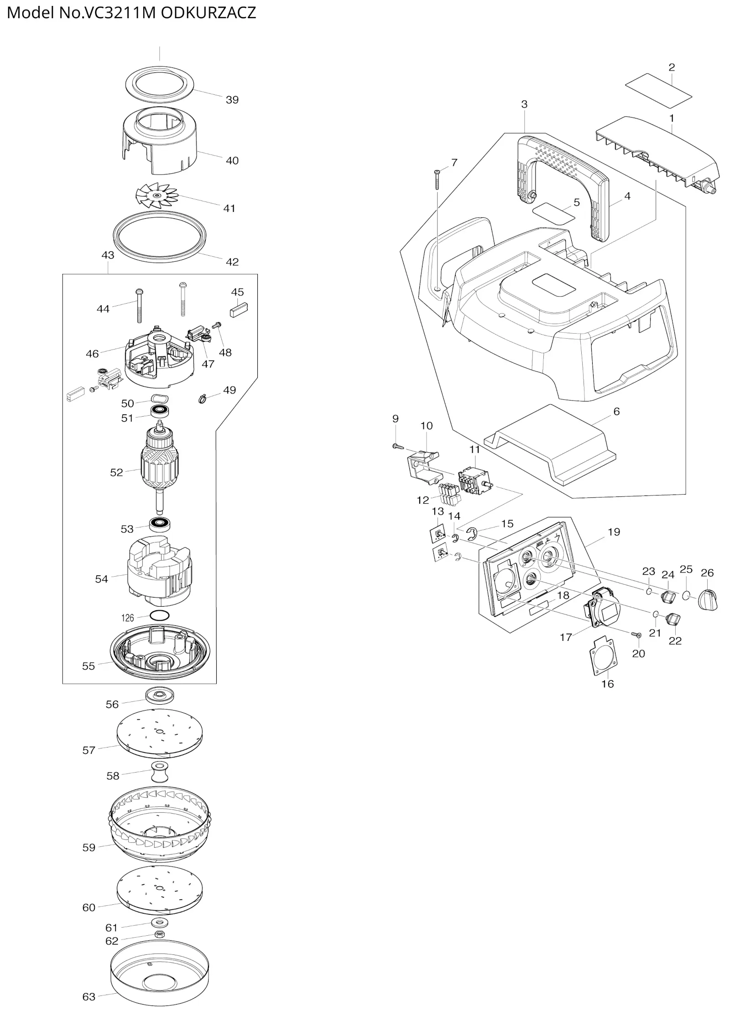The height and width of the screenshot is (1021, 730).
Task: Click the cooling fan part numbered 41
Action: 157,195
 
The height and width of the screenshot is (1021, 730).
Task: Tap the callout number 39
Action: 232,100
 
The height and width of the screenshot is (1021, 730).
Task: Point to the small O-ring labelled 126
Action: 159,615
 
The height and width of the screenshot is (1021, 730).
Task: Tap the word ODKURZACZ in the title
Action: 209,13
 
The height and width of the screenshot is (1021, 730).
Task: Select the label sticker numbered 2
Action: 658,92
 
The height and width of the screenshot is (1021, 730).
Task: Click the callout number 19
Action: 614,532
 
